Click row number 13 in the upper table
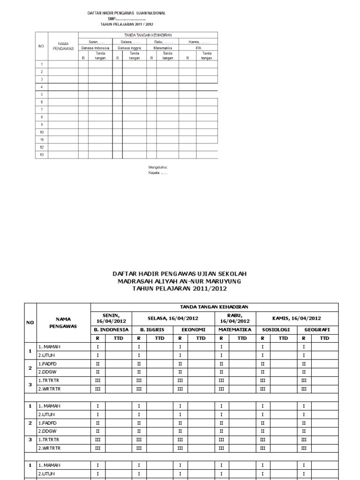42,155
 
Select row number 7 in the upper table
42,109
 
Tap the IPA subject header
198,48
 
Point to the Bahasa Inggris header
130,48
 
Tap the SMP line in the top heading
127,18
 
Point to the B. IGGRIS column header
152,330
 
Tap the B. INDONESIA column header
111,330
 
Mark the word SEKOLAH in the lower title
230,273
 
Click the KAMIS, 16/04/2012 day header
297,318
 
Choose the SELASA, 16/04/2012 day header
173,318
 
